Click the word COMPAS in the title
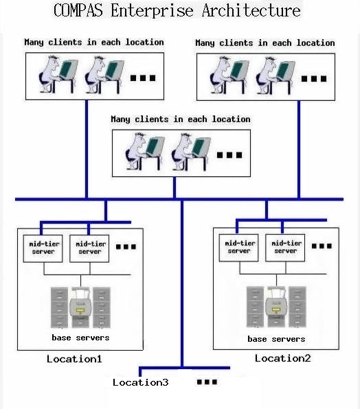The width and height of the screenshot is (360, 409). tap(78, 10)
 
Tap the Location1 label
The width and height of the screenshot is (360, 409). tap(74, 359)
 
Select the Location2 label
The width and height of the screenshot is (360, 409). tap(283, 358)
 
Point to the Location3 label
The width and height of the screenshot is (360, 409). tap(140, 382)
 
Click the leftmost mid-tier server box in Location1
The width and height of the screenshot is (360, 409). tap(43, 248)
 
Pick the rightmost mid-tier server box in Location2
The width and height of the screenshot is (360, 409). tap(285, 248)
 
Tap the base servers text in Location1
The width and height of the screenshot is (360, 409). tap(80, 338)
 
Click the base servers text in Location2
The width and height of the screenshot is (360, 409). tap(276, 339)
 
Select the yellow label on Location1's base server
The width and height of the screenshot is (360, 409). tap(80, 310)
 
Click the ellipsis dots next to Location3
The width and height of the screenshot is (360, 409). tap(207, 382)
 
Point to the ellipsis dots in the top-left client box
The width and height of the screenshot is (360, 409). tap(143, 78)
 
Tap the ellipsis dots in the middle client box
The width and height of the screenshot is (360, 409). tap(229, 155)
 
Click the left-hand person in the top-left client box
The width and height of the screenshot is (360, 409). tap(49, 74)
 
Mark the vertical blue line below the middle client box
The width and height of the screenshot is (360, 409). tap(175, 188)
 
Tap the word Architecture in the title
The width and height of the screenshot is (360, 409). tap(251, 10)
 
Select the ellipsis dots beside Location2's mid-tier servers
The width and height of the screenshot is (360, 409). tap(322, 246)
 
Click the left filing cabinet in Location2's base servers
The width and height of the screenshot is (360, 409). tap(255, 307)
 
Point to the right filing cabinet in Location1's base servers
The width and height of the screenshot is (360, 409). tap(102, 307)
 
